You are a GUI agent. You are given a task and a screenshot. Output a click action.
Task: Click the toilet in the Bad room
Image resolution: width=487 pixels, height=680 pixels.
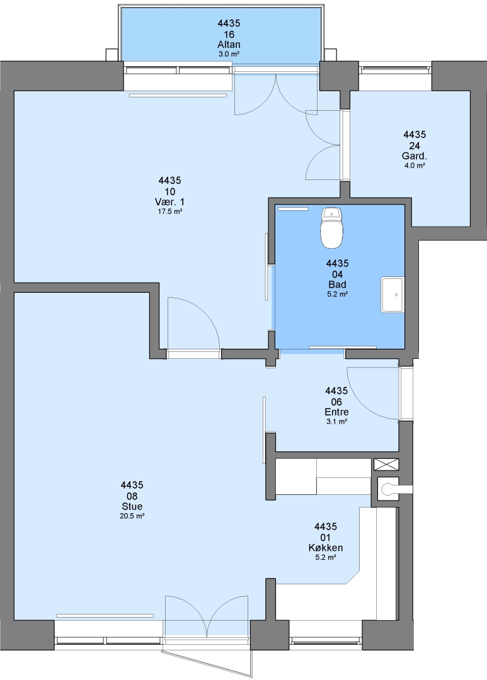click(331, 228)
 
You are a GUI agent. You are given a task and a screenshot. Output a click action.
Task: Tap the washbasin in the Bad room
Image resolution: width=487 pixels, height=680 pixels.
click(392, 295)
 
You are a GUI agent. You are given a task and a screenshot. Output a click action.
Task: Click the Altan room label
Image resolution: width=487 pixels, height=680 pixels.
click(229, 44)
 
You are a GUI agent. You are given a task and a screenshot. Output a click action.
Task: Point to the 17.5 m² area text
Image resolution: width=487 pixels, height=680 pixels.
click(169, 212)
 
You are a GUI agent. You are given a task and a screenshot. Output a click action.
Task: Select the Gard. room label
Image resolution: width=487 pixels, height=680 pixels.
click(414, 156)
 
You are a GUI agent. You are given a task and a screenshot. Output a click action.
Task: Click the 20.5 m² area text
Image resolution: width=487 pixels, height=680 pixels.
click(132, 516)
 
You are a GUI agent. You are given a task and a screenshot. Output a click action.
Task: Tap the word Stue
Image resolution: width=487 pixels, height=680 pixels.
click(132, 506)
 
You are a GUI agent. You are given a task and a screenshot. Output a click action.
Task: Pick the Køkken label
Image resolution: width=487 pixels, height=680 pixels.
click(326, 548)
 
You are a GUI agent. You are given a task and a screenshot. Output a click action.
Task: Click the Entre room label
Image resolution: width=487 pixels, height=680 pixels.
click(336, 412)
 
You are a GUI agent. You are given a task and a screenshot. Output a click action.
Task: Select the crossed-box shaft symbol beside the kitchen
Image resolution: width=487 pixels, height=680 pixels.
click(386, 465)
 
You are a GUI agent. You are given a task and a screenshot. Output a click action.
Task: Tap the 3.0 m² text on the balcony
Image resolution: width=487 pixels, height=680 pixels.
click(229, 54)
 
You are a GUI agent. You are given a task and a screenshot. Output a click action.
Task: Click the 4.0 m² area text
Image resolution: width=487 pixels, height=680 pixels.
click(414, 166)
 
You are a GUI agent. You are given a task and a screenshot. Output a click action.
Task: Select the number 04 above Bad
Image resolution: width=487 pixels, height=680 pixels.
click(337, 274)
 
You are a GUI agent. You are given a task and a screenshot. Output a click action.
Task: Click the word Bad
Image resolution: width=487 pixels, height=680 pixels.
click(337, 285)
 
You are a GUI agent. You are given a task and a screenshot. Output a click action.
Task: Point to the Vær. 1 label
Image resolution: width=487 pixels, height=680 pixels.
click(169, 201)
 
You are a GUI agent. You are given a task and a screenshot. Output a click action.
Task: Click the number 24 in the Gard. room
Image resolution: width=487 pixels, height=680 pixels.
click(414, 145)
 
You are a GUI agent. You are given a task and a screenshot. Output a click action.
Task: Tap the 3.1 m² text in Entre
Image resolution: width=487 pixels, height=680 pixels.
click(336, 421)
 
